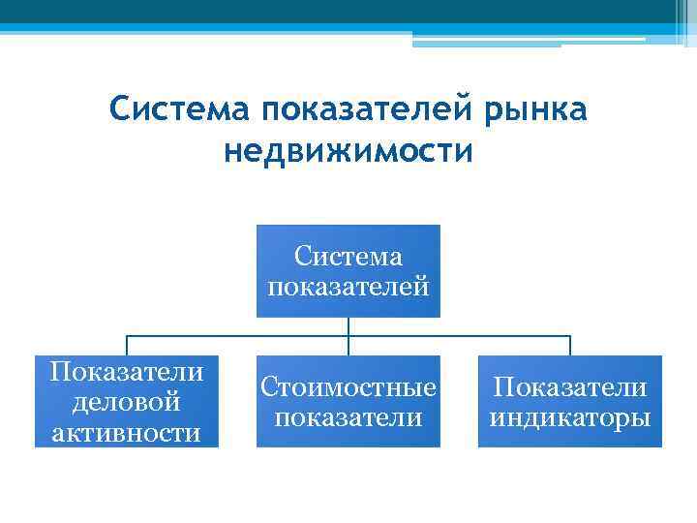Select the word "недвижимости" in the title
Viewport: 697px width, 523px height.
coord(348,152)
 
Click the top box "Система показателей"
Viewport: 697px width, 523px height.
coord(348,271)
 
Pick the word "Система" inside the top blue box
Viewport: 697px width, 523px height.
coord(348,257)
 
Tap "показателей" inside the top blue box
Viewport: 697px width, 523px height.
coord(348,287)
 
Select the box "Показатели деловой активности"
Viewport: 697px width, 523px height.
coord(127,401)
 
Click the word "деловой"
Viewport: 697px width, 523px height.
coord(127,401)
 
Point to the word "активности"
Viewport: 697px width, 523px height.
coord(127,432)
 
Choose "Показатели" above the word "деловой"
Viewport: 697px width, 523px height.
coord(127,371)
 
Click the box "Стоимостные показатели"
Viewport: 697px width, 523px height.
coord(348,401)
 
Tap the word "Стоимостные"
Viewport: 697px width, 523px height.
coord(348,387)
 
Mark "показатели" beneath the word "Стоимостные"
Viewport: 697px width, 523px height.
coord(348,417)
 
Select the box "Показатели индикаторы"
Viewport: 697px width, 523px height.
coord(570,401)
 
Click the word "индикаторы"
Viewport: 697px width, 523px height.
coord(570,417)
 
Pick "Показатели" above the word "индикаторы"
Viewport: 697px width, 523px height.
coord(570,387)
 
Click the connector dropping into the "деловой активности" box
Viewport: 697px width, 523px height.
coord(127,346)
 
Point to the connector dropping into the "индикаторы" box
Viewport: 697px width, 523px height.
coord(570,346)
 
